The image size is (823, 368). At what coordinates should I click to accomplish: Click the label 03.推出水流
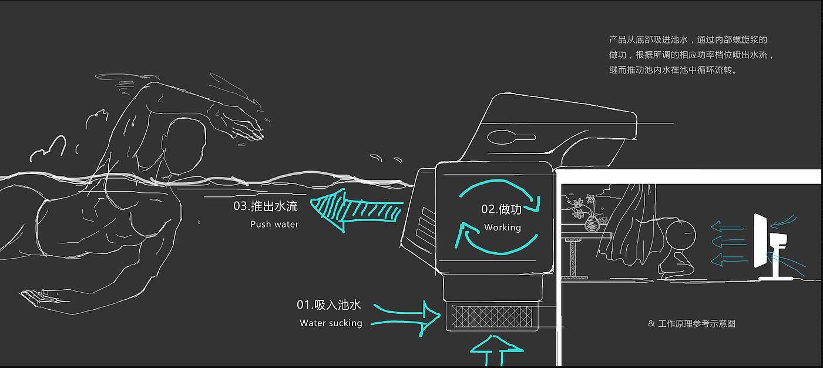tap(266, 206)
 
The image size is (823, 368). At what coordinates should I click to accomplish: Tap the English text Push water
tap(274, 224)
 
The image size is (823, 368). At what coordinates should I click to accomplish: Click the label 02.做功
tap(501, 209)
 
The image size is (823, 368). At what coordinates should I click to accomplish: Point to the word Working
tap(502, 227)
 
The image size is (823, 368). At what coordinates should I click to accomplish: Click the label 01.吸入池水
tap(328, 305)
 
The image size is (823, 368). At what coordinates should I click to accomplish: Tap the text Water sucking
tap(331, 323)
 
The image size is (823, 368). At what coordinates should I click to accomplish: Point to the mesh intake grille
tap(492, 316)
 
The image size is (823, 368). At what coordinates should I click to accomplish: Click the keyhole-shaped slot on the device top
tap(511, 138)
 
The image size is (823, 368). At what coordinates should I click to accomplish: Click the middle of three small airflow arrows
tap(728, 242)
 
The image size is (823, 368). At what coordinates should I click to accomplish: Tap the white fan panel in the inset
tap(760, 241)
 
